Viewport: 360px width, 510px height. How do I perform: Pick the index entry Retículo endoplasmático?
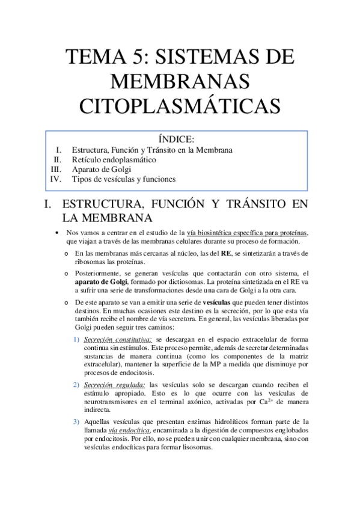pyautogui.click(x=114, y=159)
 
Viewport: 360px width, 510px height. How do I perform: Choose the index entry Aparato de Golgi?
pyautogui.click(x=100, y=169)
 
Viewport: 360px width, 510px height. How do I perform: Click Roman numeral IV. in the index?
pyautogui.click(x=56, y=179)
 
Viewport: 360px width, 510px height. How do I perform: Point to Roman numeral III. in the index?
pyautogui.click(x=56, y=169)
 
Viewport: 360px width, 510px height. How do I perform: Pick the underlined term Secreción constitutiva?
pyautogui.click(x=114, y=340)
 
